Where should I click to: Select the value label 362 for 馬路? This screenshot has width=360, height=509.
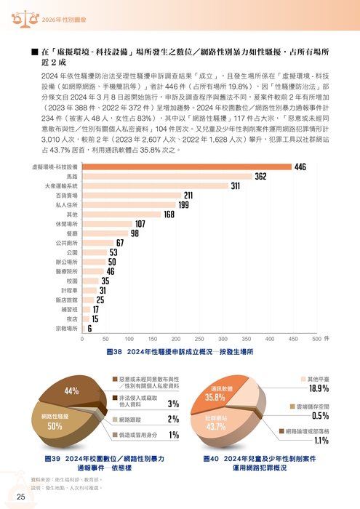[x=260, y=177]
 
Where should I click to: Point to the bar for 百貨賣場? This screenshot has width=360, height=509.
[x=132, y=196]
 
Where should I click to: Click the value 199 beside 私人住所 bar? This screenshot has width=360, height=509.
[x=184, y=205]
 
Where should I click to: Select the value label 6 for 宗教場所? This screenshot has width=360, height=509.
[x=89, y=328]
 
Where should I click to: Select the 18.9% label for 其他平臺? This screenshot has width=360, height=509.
[x=319, y=388]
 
